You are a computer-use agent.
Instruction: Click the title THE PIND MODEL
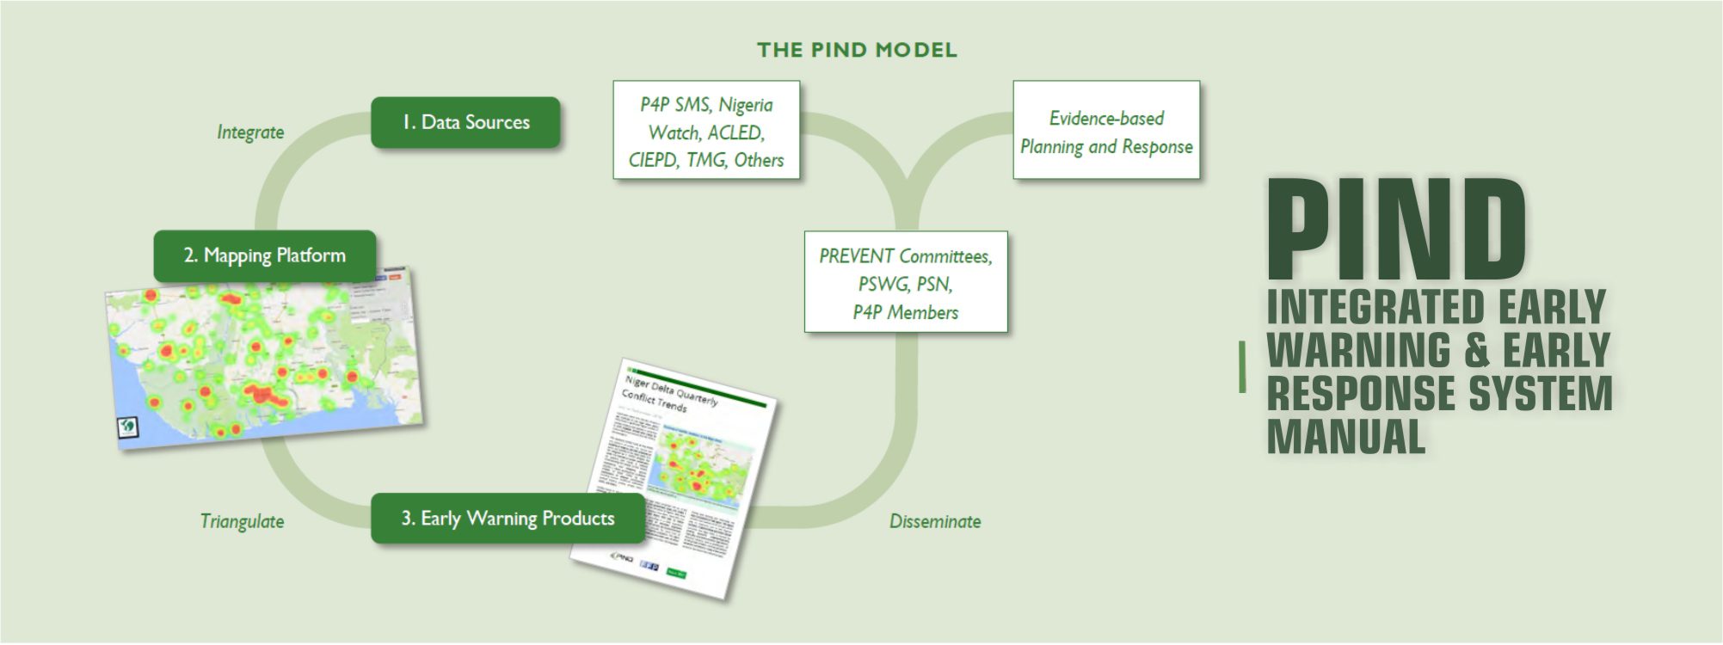coord(857,50)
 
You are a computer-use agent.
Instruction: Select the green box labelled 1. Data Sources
coord(465,122)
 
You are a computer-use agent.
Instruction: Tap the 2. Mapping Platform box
coord(264,255)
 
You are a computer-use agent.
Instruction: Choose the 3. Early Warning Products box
coord(508,518)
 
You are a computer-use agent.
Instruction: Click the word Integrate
coord(250,132)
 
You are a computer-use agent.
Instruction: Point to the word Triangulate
coord(242,521)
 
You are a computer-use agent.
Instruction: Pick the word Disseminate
coord(935,521)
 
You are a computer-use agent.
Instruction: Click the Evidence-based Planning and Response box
coord(1106,131)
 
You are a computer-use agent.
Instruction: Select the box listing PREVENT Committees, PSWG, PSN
coord(906,282)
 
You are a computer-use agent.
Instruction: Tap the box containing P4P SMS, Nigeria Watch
coord(706,131)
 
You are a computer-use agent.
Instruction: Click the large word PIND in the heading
coord(1396,229)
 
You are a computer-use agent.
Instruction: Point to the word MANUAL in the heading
coord(1346,435)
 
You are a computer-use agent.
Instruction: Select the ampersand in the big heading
coord(1476,350)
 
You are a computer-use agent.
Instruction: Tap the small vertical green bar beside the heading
coord(1242,366)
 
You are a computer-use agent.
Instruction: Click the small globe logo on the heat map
coord(127,426)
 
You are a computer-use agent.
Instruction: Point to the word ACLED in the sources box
coord(735,132)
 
